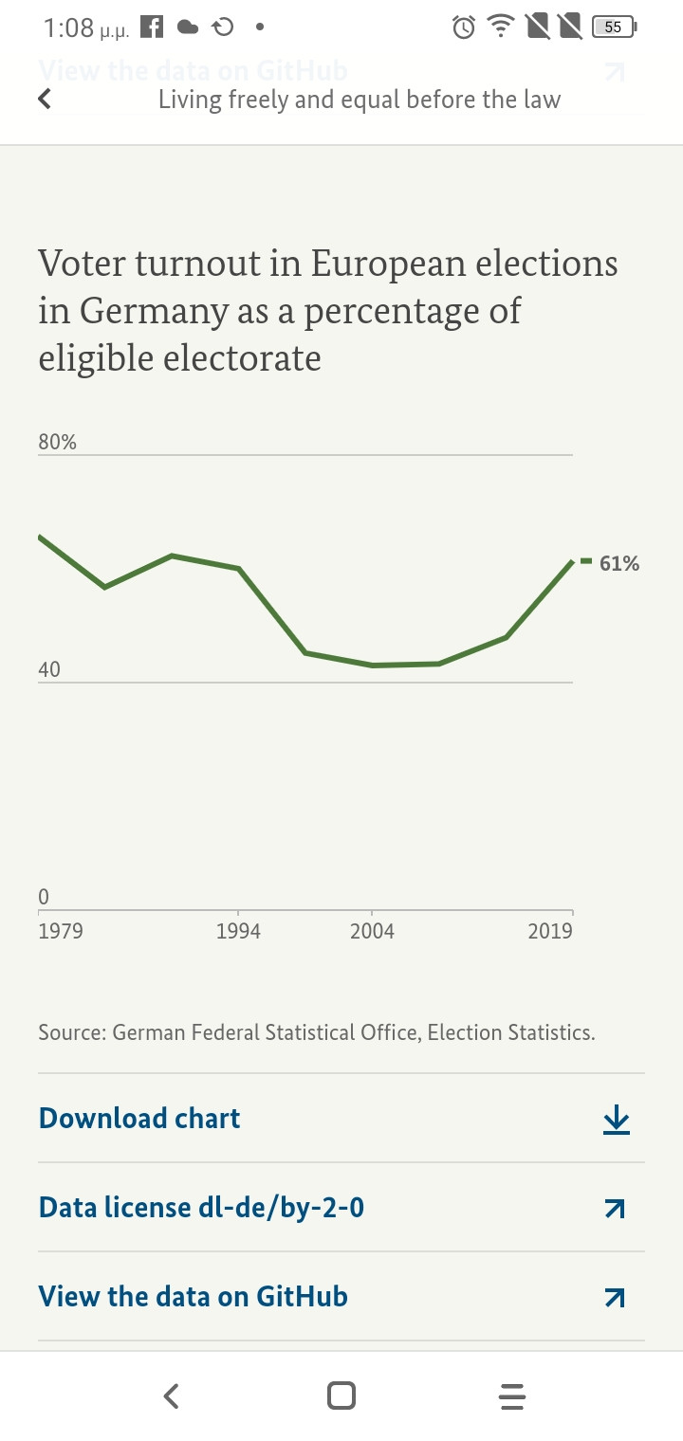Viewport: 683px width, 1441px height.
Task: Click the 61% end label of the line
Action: pyautogui.click(x=618, y=564)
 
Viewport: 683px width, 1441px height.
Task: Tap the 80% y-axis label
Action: pyautogui.click(x=57, y=442)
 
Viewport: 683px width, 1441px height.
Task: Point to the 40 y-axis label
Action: pyautogui.click(x=48, y=669)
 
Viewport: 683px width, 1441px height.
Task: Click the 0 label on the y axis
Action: pyautogui.click(x=44, y=896)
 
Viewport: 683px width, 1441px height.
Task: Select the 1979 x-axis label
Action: pyautogui.click(x=60, y=931)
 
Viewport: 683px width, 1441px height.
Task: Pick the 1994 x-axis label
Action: pyautogui.click(x=238, y=931)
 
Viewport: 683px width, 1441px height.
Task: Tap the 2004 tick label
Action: pyautogui.click(x=372, y=931)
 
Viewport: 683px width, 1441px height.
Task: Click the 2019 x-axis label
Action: pyautogui.click(x=550, y=931)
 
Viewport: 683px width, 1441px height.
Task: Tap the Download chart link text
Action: pyautogui.click(x=139, y=1119)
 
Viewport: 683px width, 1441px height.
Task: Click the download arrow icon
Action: pyautogui.click(x=616, y=1120)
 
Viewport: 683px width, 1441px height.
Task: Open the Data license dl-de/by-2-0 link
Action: pyautogui.click(x=201, y=1208)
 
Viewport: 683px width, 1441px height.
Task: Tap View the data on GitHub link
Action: pyautogui.click(x=193, y=1297)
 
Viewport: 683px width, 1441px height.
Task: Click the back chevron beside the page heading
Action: pyautogui.click(x=44, y=99)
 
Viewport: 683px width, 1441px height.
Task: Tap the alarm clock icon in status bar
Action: pyautogui.click(x=464, y=27)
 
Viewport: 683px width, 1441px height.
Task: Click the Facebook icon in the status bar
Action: pyautogui.click(x=152, y=27)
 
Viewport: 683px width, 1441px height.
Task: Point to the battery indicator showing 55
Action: pyautogui.click(x=613, y=27)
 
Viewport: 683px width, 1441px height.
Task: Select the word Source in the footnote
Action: pyautogui.click(x=71, y=1032)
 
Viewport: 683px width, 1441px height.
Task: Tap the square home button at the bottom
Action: pyautogui.click(x=341, y=1395)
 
